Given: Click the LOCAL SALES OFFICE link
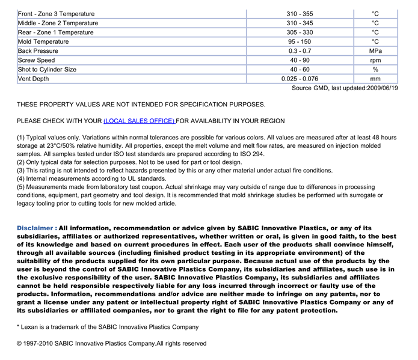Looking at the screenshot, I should pos(139,121).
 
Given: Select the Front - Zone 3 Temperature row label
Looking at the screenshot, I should pos(56,14).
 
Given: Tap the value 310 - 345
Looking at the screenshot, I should pos(300,23).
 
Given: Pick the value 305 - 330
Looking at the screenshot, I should pos(300,32).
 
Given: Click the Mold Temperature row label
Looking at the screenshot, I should pos(43,41).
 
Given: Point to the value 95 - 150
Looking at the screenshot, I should pos(300,41).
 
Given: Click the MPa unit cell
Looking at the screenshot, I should pos(375,51).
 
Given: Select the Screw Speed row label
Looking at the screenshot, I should pos(37,60).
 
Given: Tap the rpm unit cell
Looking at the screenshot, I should pos(375,60).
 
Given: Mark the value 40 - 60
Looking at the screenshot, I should pos(300,70).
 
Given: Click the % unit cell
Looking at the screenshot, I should pos(375,70).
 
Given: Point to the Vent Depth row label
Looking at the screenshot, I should pos(34,79).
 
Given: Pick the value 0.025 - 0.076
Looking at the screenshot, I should pos(300,79).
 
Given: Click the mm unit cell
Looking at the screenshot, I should pos(375,79).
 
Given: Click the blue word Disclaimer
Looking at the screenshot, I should pos(37,228).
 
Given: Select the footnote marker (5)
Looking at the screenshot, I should pos(21,187).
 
